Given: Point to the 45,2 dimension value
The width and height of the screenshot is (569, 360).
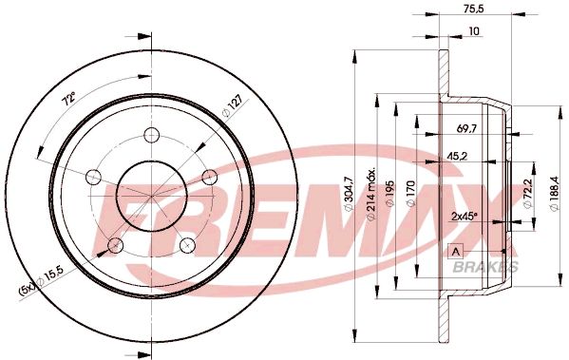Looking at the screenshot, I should tap(457, 158).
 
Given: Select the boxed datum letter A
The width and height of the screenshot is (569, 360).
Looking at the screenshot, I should tap(453, 251).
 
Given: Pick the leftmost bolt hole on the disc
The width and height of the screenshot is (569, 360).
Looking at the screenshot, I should tap(93, 176).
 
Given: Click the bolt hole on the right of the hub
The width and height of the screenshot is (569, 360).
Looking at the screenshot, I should tap(211, 175).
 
